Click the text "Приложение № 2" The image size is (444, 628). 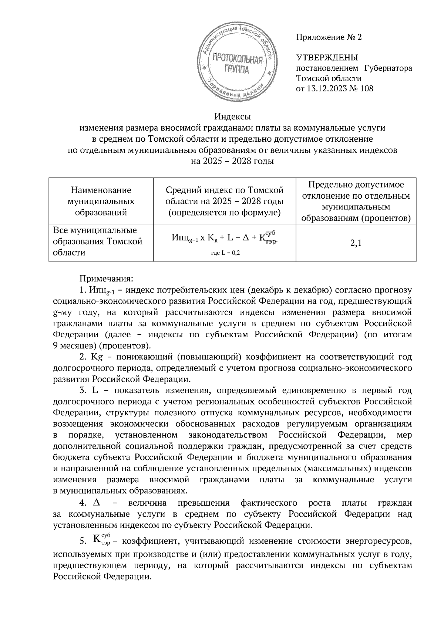click(329, 37)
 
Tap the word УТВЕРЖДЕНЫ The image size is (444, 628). click(327, 58)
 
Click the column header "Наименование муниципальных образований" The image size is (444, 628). click(101, 201)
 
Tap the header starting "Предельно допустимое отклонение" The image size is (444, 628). click(356, 201)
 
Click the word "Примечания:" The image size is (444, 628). click(101, 277)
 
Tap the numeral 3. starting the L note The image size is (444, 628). click(83, 391)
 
